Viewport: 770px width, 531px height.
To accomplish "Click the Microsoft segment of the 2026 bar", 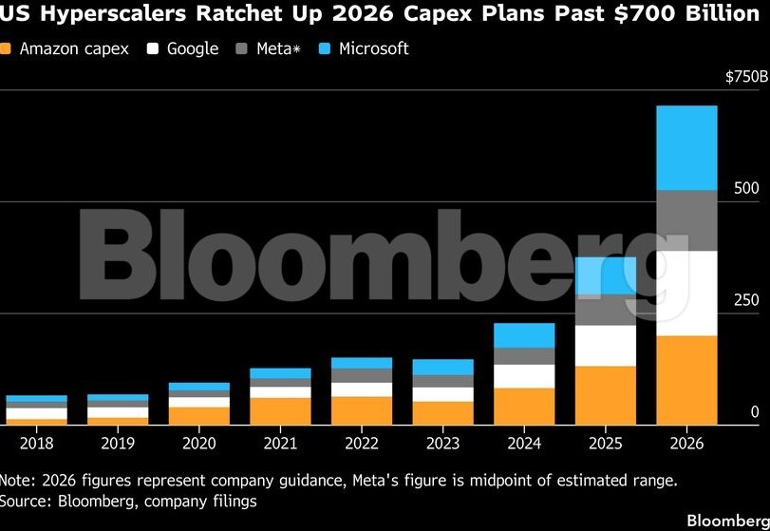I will click(686, 147).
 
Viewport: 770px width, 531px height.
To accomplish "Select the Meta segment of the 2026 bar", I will click(686, 220).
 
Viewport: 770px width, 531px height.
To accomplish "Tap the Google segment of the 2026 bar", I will click(686, 293).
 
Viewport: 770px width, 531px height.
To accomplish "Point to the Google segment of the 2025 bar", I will click(606, 346).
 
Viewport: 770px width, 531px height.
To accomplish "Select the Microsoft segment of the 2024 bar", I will click(524, 335).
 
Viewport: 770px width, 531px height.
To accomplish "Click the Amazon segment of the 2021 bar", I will click(280, 409).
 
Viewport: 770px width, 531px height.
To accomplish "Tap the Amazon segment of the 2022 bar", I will click(362, 408).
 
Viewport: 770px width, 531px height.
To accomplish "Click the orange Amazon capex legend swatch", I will click(7, 48).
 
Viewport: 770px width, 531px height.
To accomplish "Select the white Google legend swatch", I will click(152, 48).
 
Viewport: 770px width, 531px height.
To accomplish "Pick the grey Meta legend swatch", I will click(241, 48).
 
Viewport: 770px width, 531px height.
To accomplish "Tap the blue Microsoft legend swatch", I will click(324, 48).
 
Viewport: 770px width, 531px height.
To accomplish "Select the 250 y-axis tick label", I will click(747, 300).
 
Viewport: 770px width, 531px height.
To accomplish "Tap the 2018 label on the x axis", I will click(36, 442).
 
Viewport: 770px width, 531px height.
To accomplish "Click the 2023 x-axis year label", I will click(442, 442).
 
